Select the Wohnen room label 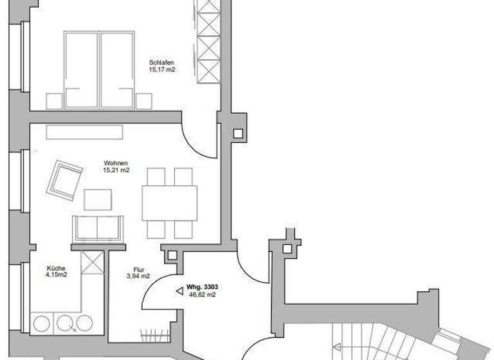tap(116, 163)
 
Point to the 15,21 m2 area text tap(116, 171)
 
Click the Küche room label tap(56, 269)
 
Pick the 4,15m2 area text tap(56, 276)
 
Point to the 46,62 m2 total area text tap(202, 295)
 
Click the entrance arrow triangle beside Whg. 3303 tap(178, 291)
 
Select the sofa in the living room tap(96, 228)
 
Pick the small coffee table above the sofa tap(97, 200)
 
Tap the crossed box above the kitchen tap(93, 264)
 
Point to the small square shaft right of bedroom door tap(239, 134)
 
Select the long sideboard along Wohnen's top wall tap(84, 132)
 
